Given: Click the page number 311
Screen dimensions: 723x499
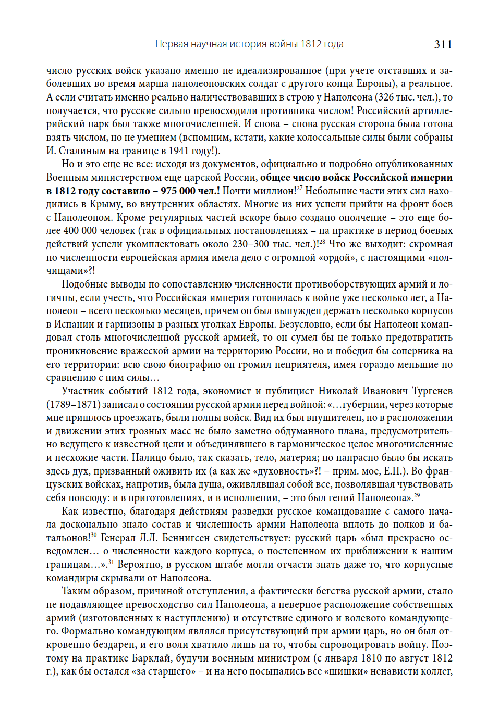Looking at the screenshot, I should (x=443, y=44).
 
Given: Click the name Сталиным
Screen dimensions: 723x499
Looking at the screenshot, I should (x=83, y=151).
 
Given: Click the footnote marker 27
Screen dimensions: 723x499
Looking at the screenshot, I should (x=299, y=188).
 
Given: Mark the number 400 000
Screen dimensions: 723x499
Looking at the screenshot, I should (x=80, y=231).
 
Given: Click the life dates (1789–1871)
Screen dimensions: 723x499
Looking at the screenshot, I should (x=73, y=405).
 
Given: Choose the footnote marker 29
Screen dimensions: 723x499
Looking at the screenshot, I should (x=417, y=495).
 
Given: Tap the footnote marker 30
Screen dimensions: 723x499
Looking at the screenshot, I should (x=93, y=535).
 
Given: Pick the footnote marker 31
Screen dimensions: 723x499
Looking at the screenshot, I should (x=111, y=562).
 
